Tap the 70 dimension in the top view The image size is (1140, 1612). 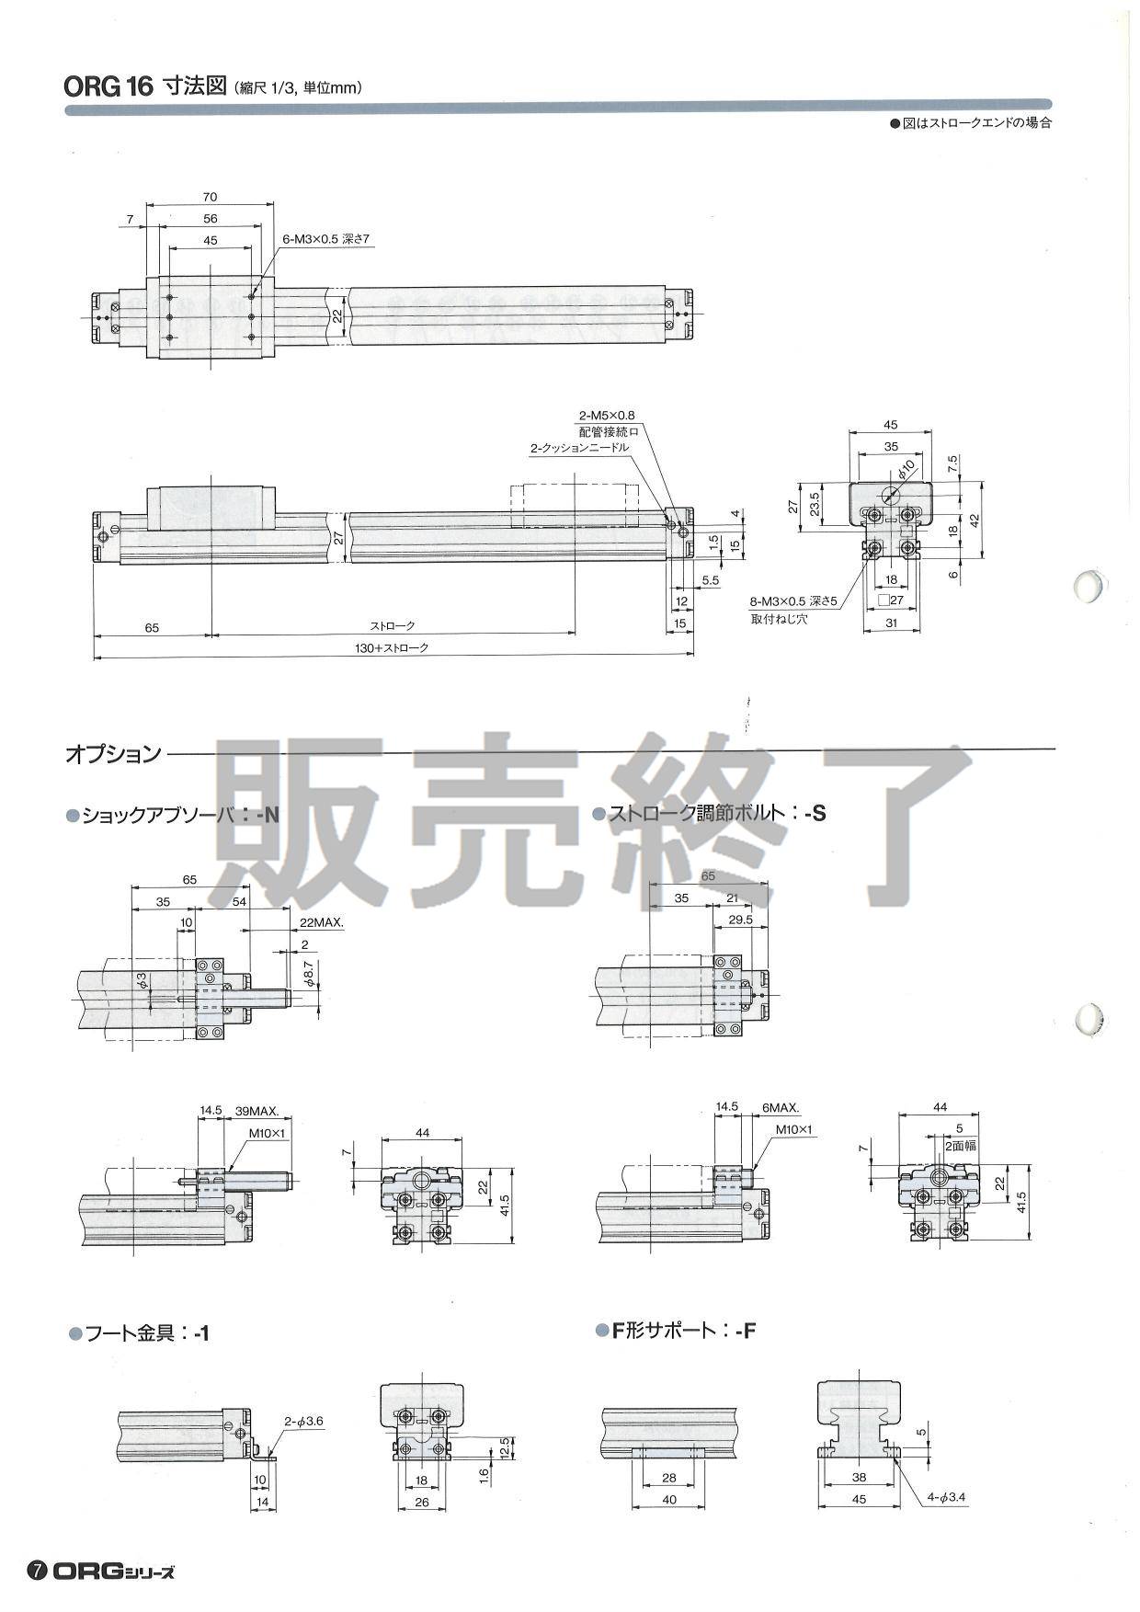[209, 197]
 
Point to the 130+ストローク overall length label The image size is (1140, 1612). [393, 647]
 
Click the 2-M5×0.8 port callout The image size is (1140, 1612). [607, 415]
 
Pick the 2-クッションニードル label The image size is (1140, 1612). [579, 448]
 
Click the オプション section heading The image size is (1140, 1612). [113, 755]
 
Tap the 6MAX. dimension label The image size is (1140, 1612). [780, 1107]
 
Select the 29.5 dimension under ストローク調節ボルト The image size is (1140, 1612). [739, 919]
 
